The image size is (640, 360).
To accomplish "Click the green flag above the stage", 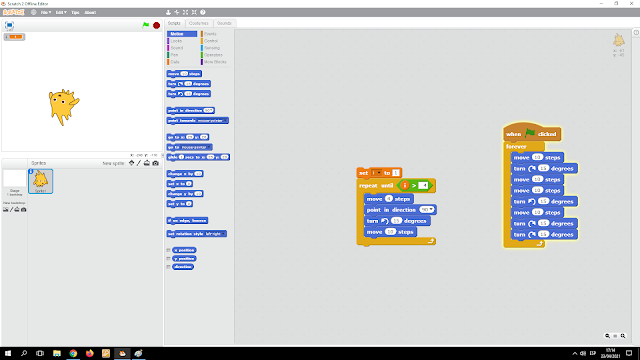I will [146, 24].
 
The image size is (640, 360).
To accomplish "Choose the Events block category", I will [209, 33].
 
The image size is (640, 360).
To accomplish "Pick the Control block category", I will [210, 40].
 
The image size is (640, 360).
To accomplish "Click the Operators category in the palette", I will [212, 54].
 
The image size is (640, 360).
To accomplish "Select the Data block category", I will [176, 61].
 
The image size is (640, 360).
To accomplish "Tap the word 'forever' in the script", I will [516, 146].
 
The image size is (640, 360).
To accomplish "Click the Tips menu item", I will [76, 12].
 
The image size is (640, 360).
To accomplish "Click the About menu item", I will [91, 12].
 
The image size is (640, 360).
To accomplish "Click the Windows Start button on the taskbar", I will [7, 353].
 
